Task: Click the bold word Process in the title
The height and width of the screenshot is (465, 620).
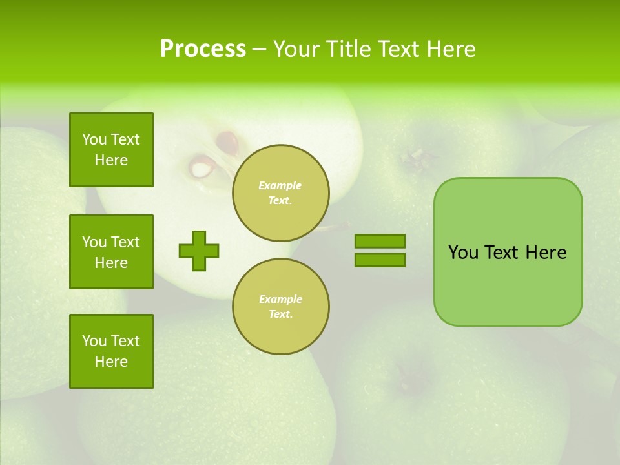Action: pos(203,49)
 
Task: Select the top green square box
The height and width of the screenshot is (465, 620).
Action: pos(111,150)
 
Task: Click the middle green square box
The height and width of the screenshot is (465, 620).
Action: pos(111,252)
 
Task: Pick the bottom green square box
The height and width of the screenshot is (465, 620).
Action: pos(111,351)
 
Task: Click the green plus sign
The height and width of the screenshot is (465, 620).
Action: pos(199,251)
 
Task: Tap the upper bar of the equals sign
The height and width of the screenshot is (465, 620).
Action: pos(380,241)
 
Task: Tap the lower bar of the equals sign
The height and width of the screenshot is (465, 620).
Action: pos(380,260)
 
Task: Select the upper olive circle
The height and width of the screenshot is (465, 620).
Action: pos(281,193)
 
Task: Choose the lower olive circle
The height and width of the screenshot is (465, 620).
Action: pos(281,306)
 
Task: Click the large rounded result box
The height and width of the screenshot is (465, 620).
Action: pos(508,252)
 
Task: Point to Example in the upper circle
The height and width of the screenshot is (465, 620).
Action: pos(280,185)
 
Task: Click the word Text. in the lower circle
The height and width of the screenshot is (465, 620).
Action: pos(280,315)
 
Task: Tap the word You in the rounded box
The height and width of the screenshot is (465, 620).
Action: pos(462,253)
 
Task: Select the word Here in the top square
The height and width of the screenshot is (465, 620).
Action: pos(111,160)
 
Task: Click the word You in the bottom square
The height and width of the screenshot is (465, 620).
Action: pos(94,341)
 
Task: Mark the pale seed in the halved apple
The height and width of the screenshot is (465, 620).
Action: pos(201,169)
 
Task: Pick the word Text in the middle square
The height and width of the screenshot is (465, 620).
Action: pos(125,242)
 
